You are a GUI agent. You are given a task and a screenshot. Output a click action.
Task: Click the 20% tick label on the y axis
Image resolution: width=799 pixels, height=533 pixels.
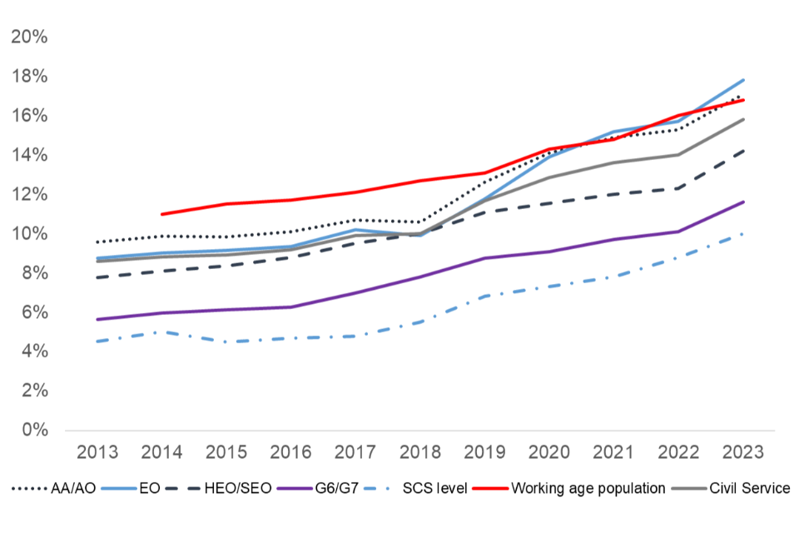(28, 37)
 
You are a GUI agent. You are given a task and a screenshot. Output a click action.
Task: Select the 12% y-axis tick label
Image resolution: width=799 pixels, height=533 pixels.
(28, 194)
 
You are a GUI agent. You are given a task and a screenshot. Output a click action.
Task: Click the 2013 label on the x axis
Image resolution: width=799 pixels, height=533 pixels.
(97, 453)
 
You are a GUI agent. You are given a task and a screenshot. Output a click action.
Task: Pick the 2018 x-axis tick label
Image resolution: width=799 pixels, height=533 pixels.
(419, 453)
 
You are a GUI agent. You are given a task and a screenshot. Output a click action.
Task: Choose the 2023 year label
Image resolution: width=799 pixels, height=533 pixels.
(742, 453)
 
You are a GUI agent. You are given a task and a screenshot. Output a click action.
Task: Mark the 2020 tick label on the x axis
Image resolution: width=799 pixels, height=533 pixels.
(548, 453)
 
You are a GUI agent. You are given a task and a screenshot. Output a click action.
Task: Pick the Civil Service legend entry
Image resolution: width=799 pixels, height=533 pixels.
(751, 488)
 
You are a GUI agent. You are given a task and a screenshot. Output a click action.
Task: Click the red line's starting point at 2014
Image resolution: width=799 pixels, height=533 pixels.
(161, 214)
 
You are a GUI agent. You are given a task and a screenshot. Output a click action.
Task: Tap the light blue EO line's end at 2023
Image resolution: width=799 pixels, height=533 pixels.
(742, 80)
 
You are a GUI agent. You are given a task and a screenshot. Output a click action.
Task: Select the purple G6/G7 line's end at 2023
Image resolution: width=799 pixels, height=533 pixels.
(742, 202)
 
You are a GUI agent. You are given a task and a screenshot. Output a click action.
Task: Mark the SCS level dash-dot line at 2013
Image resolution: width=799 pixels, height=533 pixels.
(97, 341)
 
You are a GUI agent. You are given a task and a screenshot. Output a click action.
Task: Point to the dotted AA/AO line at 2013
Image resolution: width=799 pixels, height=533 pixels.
(97, 242)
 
